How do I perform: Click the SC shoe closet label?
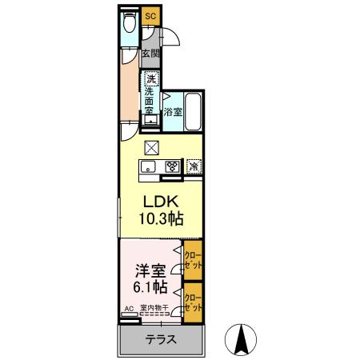150,14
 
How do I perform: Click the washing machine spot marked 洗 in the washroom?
151,78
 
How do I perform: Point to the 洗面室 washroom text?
150,102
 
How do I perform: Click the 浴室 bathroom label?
173,113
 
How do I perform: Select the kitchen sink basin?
149,166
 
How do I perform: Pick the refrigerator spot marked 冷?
193,166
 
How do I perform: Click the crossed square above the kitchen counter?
152,147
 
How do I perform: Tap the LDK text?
158,201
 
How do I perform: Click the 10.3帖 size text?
158,218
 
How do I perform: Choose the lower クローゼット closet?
192,302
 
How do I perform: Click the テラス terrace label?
161,339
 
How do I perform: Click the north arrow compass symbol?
239,340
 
